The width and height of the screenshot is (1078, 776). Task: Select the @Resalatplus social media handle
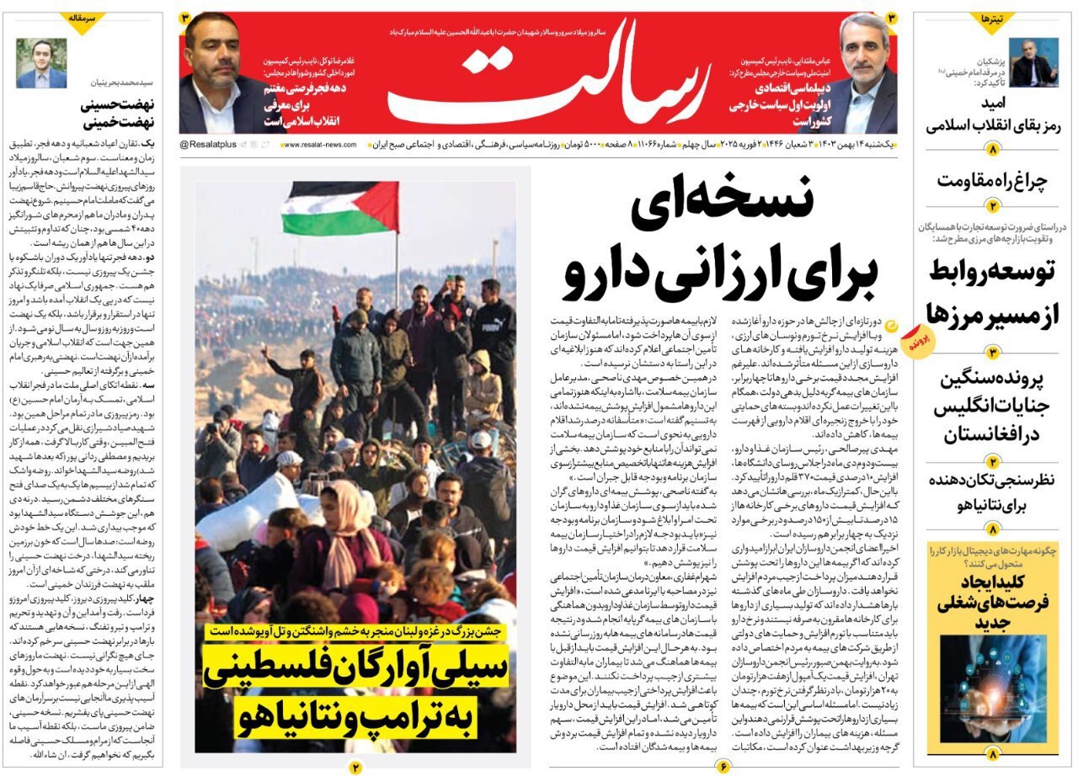pos(208,146)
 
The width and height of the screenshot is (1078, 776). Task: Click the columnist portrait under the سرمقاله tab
pos(41,63)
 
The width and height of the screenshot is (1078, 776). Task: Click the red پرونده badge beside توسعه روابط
pos(916,341)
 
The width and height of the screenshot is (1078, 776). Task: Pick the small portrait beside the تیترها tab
pos(1034,62)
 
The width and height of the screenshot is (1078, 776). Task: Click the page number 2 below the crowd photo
pos(355,767)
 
